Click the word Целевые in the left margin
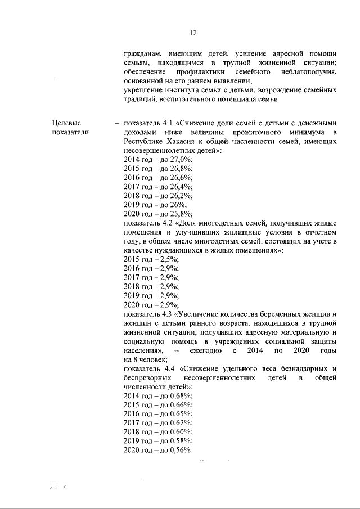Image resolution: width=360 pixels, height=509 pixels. (67, 123)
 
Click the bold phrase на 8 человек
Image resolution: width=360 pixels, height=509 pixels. (145, 359)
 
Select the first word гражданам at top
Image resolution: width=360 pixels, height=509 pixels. (143, 54)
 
